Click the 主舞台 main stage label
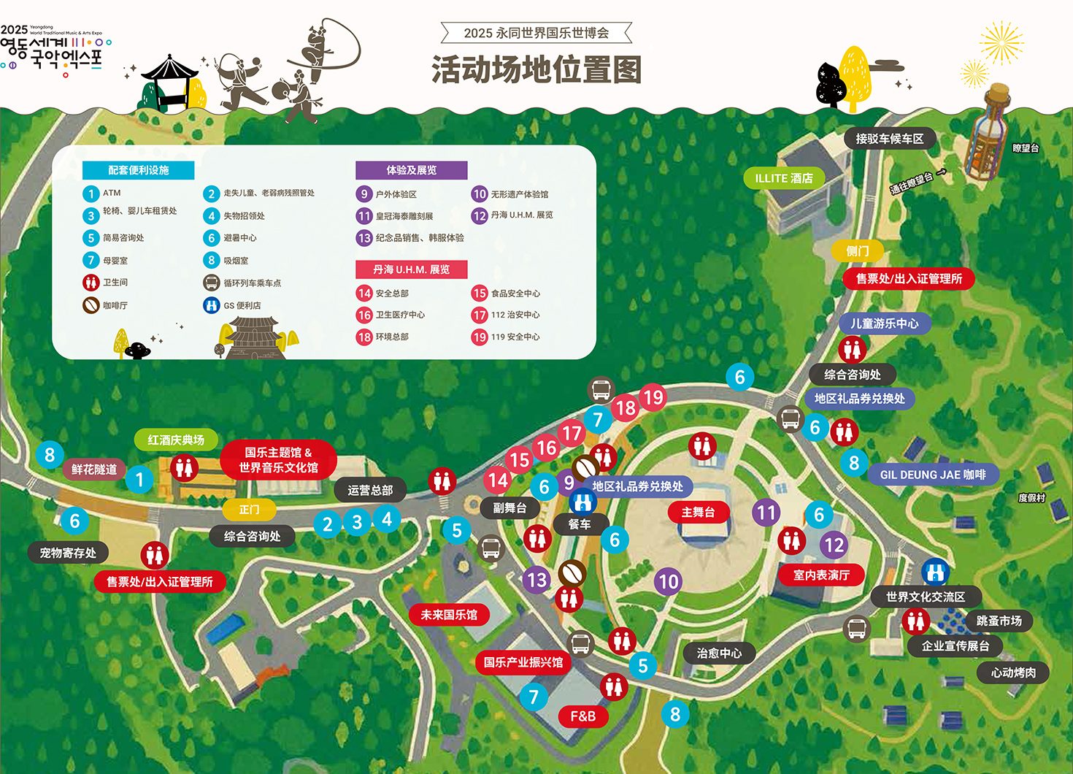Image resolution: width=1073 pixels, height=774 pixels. point(698,513)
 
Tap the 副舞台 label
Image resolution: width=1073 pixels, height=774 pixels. point(509,508)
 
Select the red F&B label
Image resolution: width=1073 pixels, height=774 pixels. point(582,716)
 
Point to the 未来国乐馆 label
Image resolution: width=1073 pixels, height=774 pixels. point(449,615)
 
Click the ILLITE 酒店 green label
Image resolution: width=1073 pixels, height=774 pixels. point(784,178)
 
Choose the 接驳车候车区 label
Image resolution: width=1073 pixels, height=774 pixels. point(889,139)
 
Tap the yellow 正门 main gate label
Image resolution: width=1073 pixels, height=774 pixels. point(249,509)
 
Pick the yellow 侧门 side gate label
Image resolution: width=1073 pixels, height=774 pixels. point(858,251)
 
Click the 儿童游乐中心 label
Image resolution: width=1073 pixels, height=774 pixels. point(884,323)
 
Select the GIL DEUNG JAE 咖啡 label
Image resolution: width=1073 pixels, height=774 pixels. point(933,475)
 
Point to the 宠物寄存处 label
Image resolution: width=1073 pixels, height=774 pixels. point(68,553)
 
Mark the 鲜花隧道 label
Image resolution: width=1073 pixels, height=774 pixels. point(94,470)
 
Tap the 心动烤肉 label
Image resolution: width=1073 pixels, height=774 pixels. point(1013,673)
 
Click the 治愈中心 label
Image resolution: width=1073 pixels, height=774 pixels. point(719,653)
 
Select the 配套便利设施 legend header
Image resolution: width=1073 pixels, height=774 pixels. point(139,170)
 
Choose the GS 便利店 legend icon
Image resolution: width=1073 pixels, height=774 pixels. point(212,305)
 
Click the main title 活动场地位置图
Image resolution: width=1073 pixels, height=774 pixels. point(536,70)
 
